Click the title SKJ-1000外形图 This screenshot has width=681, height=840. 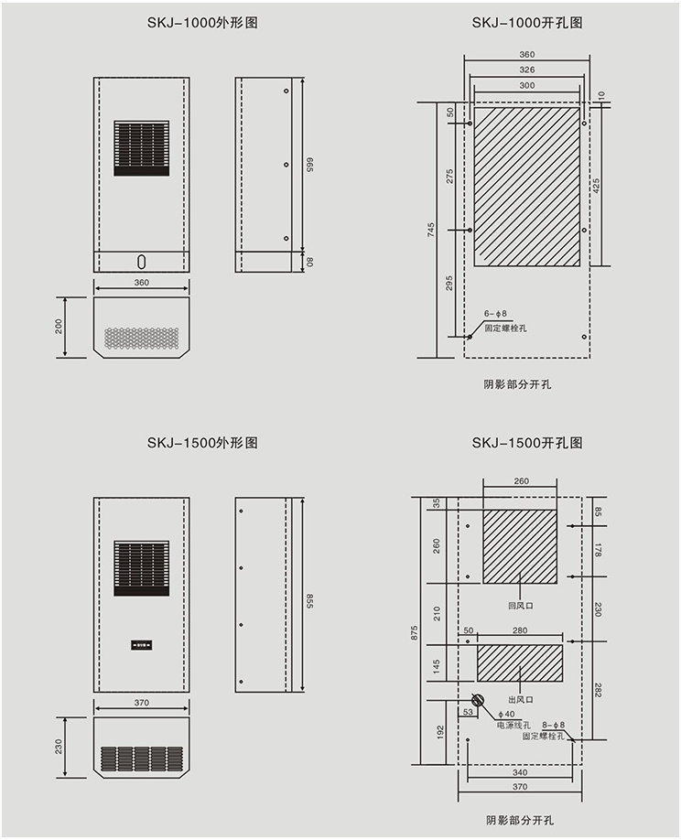pos(202,22)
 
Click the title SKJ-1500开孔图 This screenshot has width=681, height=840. pos(527,443)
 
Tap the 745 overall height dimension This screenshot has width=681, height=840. pos(431,231)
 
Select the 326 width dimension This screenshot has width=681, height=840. pos(526,70)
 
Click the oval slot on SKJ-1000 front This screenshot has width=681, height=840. pos(141,261)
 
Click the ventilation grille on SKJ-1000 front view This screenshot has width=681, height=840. pos(141,148)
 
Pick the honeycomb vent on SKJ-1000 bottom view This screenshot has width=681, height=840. pos(141,339)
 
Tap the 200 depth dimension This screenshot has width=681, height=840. pos(59,327)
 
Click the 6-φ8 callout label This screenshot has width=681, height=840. pos(495,314)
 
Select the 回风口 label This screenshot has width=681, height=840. pos(520,606)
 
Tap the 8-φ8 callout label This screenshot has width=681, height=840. pos(553,725)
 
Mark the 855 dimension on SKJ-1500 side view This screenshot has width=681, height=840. pos(309,601)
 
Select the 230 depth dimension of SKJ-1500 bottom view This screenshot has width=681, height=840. pos(59,747)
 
